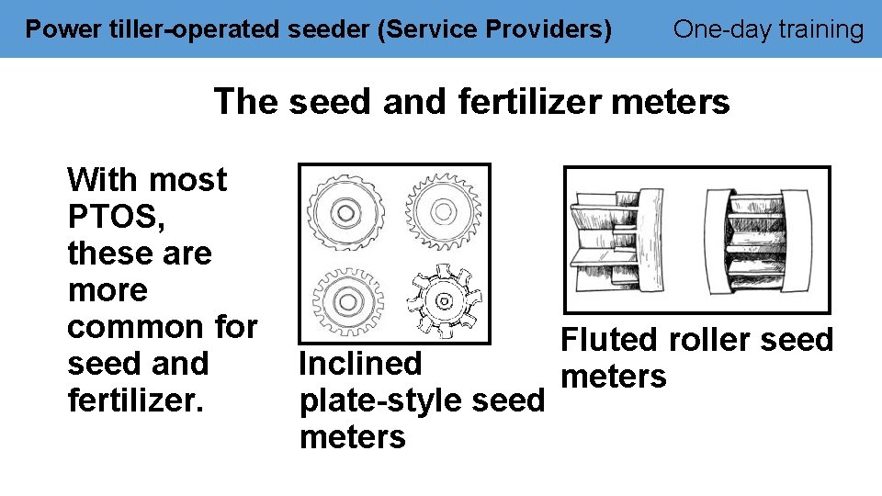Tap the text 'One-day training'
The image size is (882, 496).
768,30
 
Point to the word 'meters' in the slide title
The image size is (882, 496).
670,101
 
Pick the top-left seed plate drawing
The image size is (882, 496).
345,212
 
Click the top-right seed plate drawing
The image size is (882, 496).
444,212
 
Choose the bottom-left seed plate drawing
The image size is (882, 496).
346,299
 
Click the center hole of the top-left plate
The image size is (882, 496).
345,212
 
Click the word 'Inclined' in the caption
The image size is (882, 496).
360,364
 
